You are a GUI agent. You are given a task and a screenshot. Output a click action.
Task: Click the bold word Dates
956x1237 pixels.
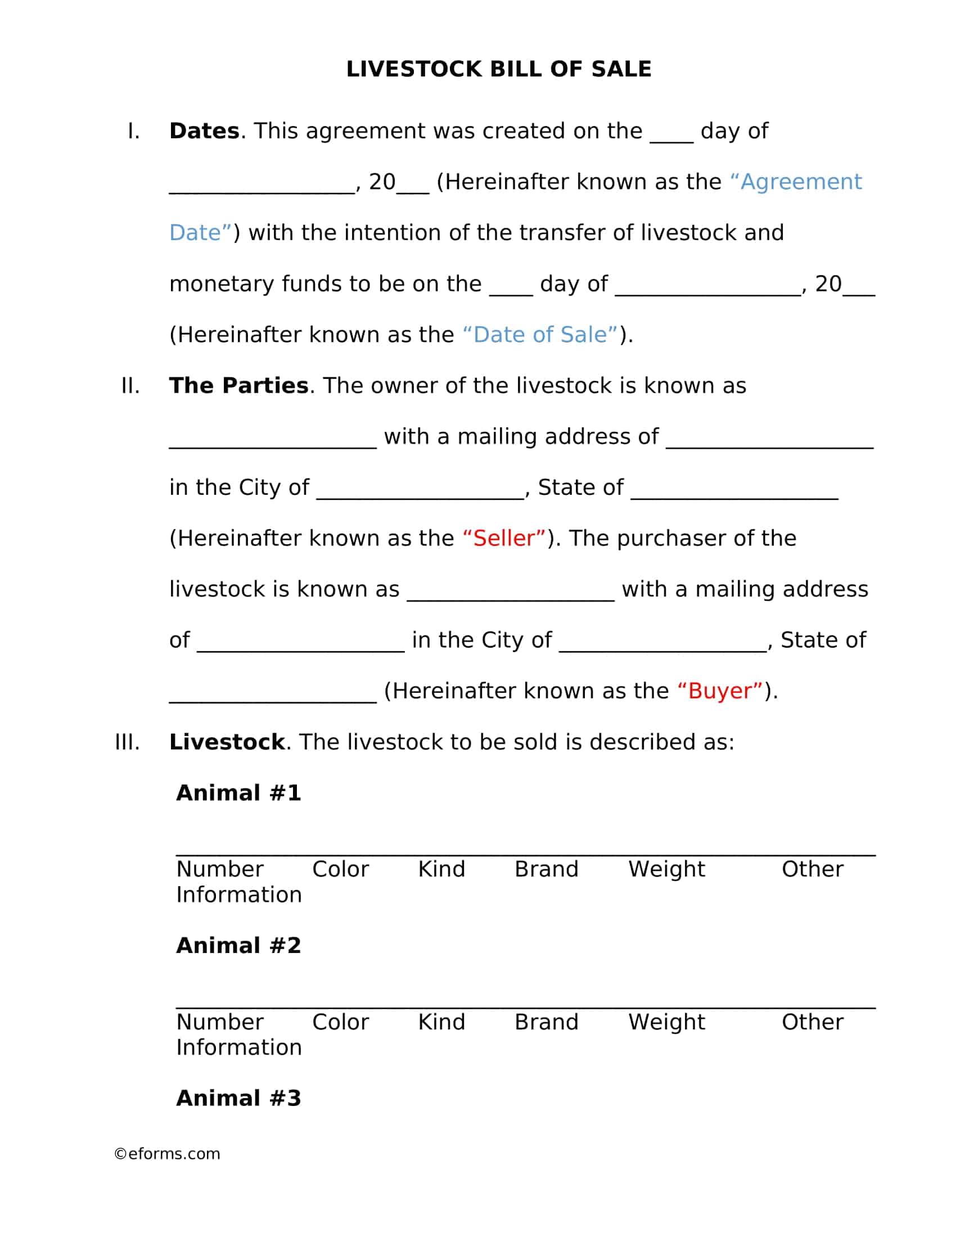(x=204, y=131)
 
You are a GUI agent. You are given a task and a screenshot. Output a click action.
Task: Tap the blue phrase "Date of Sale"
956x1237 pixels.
(x=540, y=335)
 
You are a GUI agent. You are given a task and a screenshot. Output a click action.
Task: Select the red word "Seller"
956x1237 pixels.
(x=504, y=538)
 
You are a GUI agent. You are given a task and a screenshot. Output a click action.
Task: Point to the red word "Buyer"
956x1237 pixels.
(x=720, y=691)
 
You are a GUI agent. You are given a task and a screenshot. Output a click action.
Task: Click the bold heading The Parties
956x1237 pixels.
(x=238, y=386)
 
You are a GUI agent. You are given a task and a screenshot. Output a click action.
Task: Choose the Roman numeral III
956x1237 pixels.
(x=127, y=742)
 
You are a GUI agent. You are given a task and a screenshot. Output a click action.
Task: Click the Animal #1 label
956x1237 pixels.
(x=238, y=793)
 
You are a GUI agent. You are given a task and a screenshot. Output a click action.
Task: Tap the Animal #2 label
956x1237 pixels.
(x=238, y=945)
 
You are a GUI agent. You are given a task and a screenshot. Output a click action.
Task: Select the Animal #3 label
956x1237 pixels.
(x=238, y=1098)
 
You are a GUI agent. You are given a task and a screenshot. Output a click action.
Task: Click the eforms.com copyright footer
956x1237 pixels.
(x=167, y=1154)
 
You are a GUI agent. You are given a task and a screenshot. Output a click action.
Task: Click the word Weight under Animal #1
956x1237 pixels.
(x=666, y=869)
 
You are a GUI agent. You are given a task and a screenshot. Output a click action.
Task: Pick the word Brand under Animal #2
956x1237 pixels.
(x=546, y=1022)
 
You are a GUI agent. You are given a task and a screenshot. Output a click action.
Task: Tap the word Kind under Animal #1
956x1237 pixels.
(x=441, y=869)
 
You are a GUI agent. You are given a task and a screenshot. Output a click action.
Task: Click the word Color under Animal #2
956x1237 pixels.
(x=340, y=1022)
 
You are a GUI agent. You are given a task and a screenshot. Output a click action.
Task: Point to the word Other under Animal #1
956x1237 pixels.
(x=812, y=869)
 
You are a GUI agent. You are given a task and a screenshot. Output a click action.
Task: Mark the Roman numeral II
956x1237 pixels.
(x=130, y=386)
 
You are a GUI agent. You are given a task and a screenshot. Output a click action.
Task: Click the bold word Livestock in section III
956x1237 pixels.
(x=227, y=742)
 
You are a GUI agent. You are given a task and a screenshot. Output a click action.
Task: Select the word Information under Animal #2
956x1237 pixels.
(x=238, y=1048)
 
